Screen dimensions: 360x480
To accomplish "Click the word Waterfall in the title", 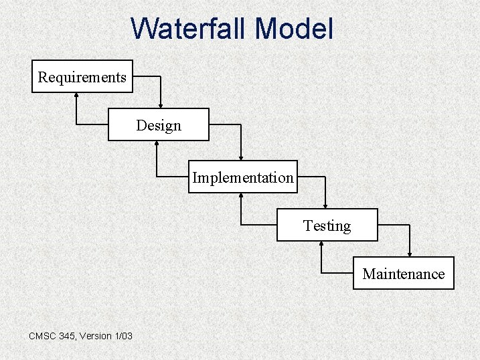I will tap(189, 29).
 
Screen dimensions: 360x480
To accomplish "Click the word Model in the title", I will tap(294, 29).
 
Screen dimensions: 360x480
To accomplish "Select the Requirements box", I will tap(82, 77).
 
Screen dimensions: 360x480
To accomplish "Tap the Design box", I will tap(159, 125).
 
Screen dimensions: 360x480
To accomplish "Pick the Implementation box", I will tap(242, 177).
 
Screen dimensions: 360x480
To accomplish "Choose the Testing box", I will tap(327, 226).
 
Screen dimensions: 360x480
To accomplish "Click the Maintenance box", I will tap(403, 274).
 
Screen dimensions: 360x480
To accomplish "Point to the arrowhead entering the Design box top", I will tap(161, 104).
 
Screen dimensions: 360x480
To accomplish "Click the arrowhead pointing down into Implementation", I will tap(241, 156).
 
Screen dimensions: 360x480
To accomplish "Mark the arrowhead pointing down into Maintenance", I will tap(410, 252).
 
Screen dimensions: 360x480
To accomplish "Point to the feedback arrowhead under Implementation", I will tap(241, 197).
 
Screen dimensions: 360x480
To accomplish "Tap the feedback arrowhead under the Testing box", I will tap(321, 246).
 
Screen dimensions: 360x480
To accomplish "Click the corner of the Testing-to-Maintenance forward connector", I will tap(410, 226).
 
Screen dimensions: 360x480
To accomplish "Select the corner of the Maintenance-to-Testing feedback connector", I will tap(321, 273).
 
